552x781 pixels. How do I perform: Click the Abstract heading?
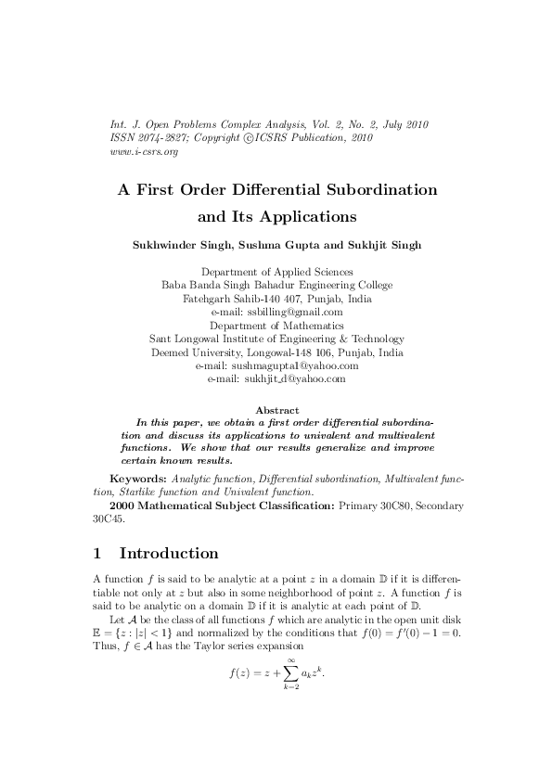coord(276,410)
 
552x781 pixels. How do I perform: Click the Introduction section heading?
coord(169,554)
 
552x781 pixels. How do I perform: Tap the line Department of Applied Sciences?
coord(276,272)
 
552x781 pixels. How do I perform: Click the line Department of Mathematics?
coord(276,326)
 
